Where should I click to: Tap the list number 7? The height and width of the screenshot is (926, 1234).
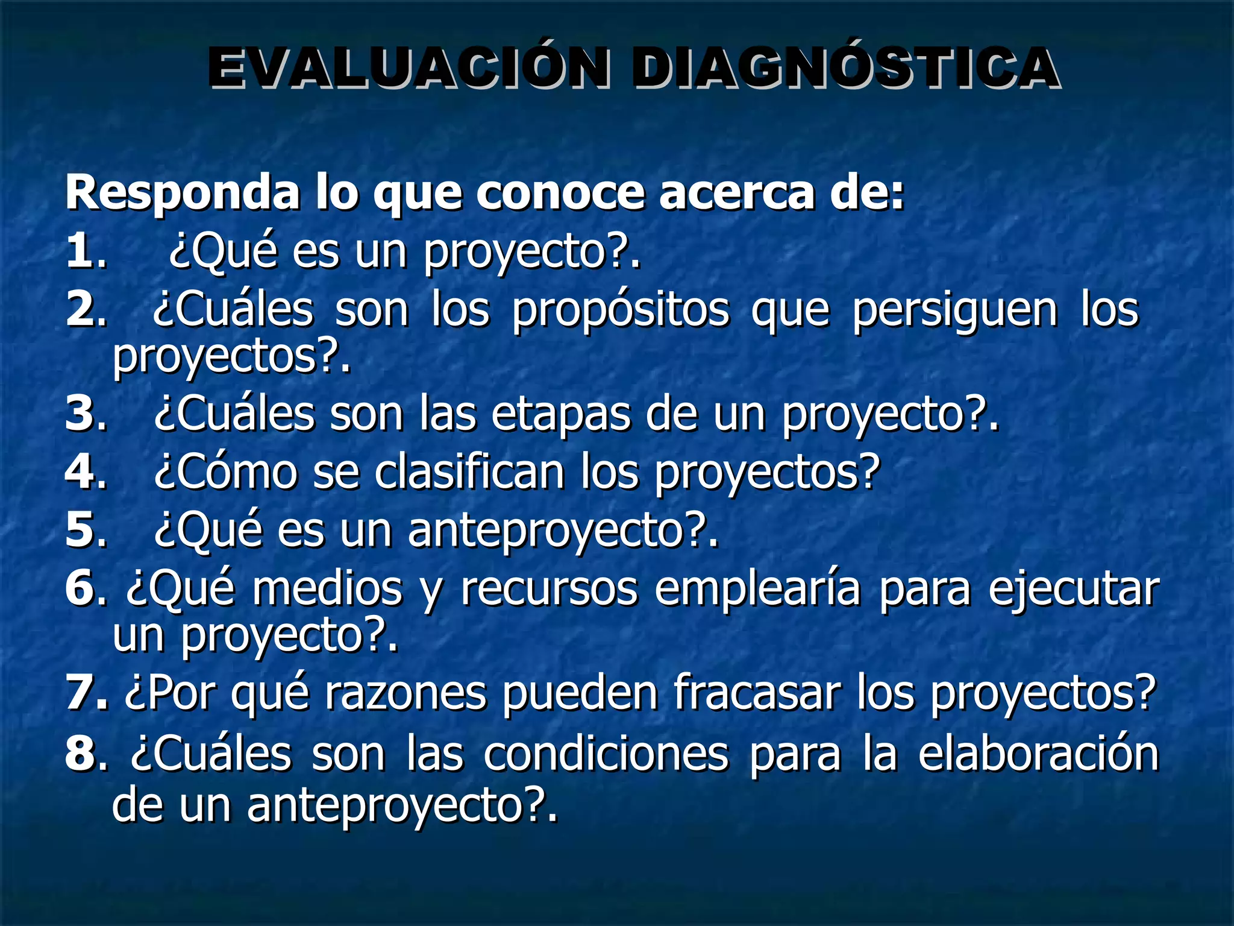click(x=81, y=693)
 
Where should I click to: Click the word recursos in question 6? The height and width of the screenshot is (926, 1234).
click(x=548, y=589)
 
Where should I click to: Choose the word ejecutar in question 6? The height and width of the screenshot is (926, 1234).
click(x=1073, y=589)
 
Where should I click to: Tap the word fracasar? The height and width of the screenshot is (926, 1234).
click(x=757, y=693)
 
